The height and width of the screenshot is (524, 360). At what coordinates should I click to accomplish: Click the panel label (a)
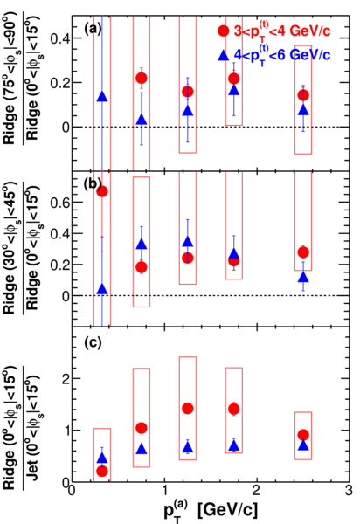(x=93, y=30)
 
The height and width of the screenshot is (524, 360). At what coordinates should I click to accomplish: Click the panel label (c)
(x=93, y=343)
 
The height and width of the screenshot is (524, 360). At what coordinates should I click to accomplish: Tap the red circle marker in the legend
(x=224, y=31)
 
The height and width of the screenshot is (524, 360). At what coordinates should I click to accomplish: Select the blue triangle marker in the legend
(x=224, y=55)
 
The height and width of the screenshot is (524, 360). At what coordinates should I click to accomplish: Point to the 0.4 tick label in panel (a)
(x=60, y=38)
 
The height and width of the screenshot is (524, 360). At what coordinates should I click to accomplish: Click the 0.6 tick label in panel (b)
(x=60, y=203)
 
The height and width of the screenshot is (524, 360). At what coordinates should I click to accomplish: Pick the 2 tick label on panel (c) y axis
(x=66, y=378)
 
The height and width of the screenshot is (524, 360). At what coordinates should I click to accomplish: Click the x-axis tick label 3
(x=349, y=491)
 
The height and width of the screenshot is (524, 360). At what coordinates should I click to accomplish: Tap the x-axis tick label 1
(x=164, y=491)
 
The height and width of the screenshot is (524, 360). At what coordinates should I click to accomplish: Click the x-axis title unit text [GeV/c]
(x=228, y=510)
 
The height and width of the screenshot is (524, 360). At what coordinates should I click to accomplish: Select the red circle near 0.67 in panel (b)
(x=102, y=191)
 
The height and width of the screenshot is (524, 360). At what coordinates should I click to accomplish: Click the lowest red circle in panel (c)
(x=102, y=472)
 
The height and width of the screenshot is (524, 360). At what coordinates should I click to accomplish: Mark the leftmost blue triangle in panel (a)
(x=102, y=97)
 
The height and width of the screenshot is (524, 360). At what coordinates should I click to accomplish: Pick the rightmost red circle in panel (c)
(x=303, y=435)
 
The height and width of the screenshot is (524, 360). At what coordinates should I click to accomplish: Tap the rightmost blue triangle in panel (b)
(x=303, y=277)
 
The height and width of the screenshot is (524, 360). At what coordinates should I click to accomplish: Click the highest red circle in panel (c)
(x=188, y=409)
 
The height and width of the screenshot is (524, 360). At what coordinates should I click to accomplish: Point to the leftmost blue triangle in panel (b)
(x=102, y=289)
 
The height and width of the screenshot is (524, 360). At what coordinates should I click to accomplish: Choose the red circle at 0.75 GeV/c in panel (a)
(x=142, y=79)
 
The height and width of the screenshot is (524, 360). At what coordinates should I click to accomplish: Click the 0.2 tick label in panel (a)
(x=60, y=83)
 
